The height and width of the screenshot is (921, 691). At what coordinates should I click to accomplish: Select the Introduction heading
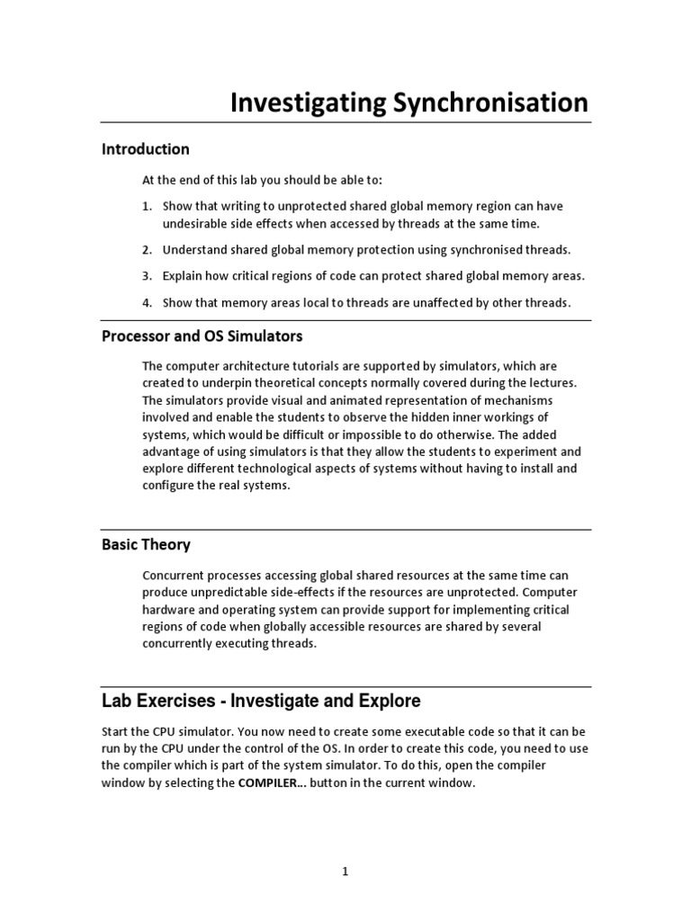pos(145,149)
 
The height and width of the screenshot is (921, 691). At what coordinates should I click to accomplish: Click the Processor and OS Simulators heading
pos(202,336)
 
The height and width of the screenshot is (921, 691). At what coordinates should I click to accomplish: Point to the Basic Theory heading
pos(145,545)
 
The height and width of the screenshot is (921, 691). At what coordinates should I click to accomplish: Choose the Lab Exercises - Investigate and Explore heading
pos(260,700)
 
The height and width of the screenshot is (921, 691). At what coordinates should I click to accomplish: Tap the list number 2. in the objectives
pos(148,249)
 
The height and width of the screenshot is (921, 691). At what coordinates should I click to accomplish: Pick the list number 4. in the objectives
pos(148,302)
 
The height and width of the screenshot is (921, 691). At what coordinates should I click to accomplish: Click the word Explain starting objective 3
pos(183,275)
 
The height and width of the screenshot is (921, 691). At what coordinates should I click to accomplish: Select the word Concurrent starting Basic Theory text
pos(174,575)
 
